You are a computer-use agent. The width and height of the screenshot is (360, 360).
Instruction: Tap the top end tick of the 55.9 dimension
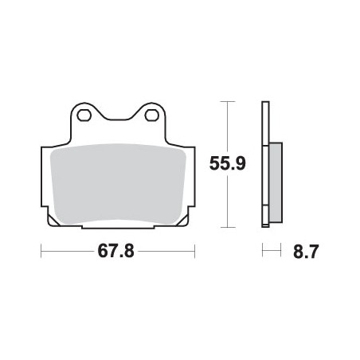[228, 102]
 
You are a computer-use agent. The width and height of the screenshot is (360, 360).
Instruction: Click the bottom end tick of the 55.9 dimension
[228, 228]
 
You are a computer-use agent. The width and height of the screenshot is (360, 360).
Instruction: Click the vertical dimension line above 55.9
[228, 127]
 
